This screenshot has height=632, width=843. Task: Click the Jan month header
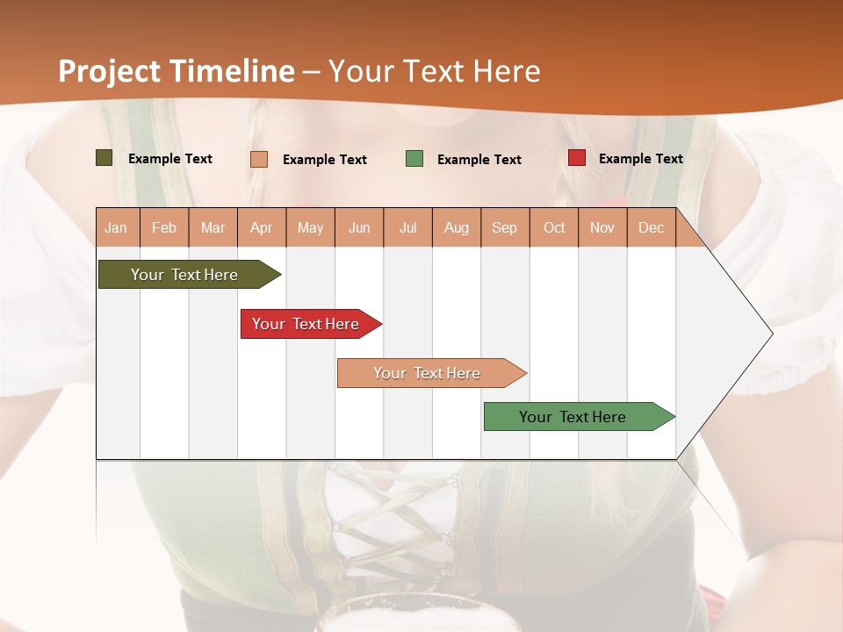[116, 228]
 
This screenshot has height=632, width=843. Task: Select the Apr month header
[262, 228]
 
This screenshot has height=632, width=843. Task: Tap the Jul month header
[407, 228]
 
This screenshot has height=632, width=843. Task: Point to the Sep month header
[504, 228]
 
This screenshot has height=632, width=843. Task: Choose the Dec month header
[651, 228]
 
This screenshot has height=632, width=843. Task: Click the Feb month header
[164, 228]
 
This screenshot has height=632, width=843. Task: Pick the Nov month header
[602, 228]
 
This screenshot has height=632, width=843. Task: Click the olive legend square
[104, 158]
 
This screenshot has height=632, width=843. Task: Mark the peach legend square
[259, 159]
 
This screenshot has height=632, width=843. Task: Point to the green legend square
[414, 159]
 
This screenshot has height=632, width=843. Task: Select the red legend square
[576, 158]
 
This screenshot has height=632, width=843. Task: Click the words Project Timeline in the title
[176, 71]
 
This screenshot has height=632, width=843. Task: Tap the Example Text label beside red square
[640, 159]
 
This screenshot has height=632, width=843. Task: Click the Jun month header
[359, 228]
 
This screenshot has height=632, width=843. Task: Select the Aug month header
[457, 228]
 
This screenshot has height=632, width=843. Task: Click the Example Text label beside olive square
[170, 159]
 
